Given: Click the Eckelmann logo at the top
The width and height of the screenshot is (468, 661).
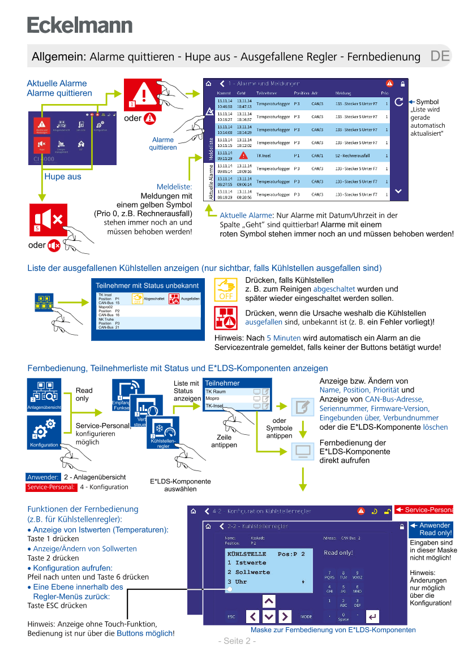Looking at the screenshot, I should pos(80,25).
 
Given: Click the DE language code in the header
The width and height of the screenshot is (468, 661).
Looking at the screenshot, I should pos(440,56).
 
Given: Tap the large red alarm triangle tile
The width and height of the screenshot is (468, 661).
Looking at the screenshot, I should pos(143,94).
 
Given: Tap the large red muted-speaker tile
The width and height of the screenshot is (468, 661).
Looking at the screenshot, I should pos(49,220).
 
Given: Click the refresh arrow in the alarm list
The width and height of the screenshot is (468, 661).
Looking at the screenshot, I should pos(398,102).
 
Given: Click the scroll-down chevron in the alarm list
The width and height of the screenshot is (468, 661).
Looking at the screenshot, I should pos(398,191).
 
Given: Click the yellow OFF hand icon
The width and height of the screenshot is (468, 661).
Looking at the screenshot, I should pos(226,290).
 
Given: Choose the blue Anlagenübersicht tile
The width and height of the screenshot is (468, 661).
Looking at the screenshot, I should pos(44,395).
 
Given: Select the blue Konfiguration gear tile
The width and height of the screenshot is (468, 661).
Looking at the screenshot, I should pos(44,433).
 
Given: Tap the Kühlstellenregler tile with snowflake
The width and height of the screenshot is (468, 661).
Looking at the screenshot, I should pos(163,434).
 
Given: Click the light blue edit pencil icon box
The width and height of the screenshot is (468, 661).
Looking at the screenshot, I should pos(303,407).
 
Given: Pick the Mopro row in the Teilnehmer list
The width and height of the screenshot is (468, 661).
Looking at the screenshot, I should pos(229,399).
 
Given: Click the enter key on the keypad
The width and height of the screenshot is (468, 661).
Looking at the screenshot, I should pos(372,616).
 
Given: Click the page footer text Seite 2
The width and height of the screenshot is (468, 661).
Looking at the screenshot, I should pos(237,641).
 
